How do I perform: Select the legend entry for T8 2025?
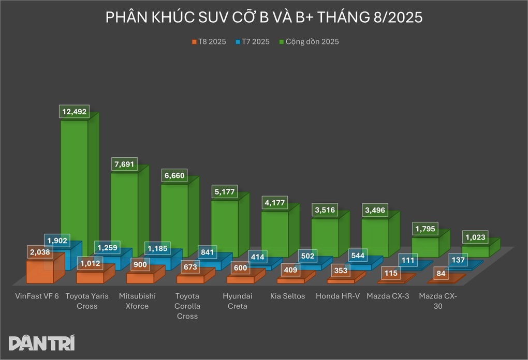209,42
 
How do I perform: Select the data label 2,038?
40,253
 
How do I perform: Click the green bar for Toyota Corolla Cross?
174,217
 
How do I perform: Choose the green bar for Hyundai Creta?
224,228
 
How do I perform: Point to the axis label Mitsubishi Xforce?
137,301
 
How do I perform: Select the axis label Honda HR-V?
338,296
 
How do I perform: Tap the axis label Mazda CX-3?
388,296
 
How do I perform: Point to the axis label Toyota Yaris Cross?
87,301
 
